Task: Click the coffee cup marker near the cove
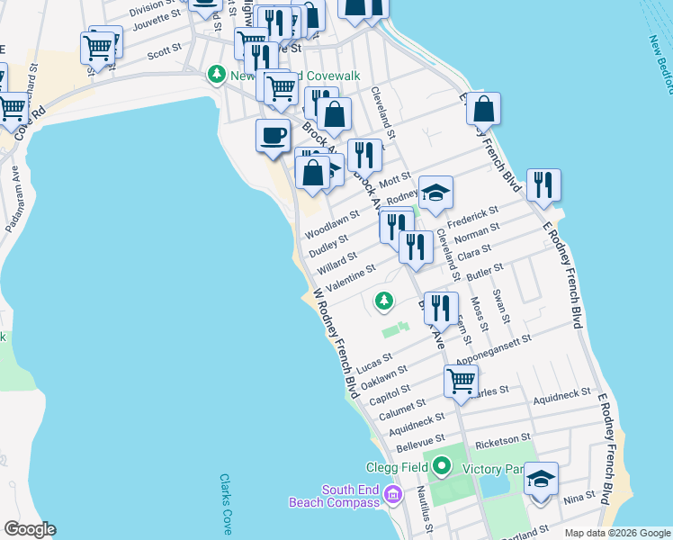tap(273, 137)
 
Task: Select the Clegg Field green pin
tap(441, 466)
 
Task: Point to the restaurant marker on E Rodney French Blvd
tap(543, 185)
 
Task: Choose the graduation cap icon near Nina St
tap(541, 480)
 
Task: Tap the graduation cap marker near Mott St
tap(435, 193)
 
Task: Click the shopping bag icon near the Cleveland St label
tap(334, 115)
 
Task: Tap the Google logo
tap(29, 529)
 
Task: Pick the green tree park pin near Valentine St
tap(385, 301)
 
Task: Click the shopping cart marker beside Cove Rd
tap(13, 108)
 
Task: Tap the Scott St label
tap(165, 54)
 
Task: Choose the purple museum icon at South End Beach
tap(391, 495)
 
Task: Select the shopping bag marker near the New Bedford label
tap(483, 109)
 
